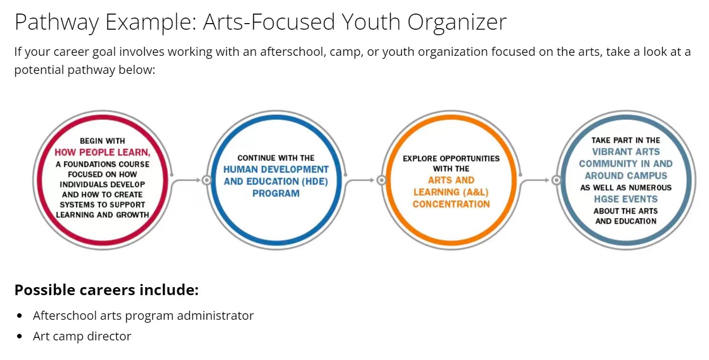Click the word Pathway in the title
[x=57, y=22]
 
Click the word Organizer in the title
[x=457, y=22]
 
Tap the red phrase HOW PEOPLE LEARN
[x=102, y=152]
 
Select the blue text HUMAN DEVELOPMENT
[x=276, y=169]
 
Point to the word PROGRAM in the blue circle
[x=276, y=193]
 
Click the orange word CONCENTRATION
[x=451, y=204]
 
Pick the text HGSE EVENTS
[x=626, y=199]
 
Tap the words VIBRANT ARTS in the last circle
[x=626, y=152]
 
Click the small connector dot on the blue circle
[x=207, y=180]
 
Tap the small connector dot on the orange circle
[x=382, y=180]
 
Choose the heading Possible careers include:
[x=107, y=290]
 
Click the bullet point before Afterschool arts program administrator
[x=20, y=316]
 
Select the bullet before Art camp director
[x=20, y=336]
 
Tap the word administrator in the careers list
[x=215, y=316]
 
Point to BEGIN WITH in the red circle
[x=102, y=141]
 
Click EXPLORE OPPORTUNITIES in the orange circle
[x=451, y=158]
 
